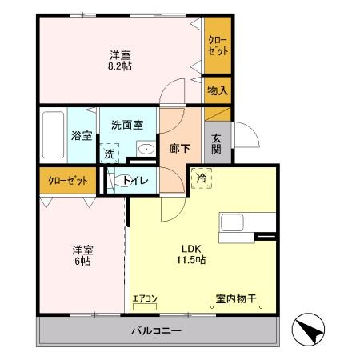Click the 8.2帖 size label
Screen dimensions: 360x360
tap(120, 66)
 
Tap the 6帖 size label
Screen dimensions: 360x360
tap(82, 261)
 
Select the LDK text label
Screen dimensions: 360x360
tap(191, 249)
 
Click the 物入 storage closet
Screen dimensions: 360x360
tap(218, 90)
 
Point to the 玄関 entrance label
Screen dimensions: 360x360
tap(216, 144)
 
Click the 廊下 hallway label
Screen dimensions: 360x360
tap(180, 148)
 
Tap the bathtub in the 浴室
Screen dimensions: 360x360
tap(53, 135)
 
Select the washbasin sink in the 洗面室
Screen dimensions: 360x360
tap(146, 149)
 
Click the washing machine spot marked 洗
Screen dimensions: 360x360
tap(110, 153)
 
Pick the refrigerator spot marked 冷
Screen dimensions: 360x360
tap(202, 178)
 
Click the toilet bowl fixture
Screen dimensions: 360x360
tap(122, 180)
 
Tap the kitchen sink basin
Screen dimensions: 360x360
tap(232, 222)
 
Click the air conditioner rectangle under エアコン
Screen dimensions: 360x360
tap(145, 307)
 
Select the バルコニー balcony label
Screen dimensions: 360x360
tap(157, 331)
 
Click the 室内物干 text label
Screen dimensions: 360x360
tap(236, 298)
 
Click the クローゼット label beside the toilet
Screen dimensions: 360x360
tap(68, 181)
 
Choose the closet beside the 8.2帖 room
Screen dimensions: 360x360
tap(218, 46)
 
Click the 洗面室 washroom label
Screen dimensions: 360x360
tap(127, 125)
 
